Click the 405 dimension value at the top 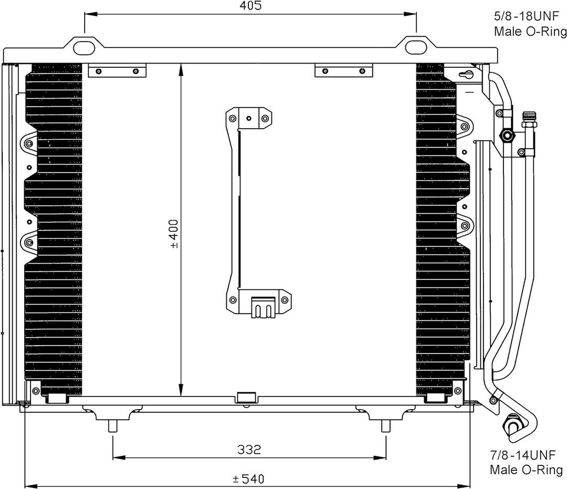[x=250, y=6]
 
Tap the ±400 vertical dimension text [x=174, y=234]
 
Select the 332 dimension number [x=249, y=450]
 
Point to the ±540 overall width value [x=249, y=479]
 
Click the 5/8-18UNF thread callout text [x=526, y=16]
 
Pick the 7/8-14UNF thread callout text [x=522, y=455]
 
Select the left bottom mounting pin [x=113, y=426]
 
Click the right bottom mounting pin [x=386, y=426]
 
